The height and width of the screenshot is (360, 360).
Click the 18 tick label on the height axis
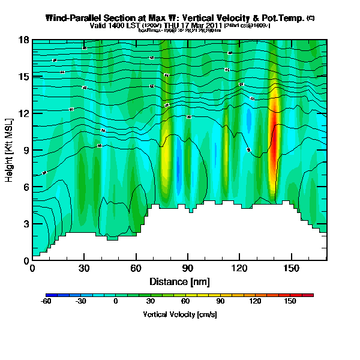tap(25, 40)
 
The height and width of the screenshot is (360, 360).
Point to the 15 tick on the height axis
tap(25, 77)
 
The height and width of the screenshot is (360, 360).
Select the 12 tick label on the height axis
tap(25, 113)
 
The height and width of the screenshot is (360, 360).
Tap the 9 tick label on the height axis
tap(27, 151)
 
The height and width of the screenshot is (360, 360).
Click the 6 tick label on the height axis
tap(27, 187)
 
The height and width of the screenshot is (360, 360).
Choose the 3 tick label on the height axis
tap(27, 224)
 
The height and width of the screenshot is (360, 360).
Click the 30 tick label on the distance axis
tap(84, 268)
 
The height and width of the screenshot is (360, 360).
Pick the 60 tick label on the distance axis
tap(136, 268)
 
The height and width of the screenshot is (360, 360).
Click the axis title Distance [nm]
tap(179, 281)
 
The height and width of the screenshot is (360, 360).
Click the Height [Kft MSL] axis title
tap(10, 150)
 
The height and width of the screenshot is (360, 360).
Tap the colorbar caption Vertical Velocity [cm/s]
tap(180, 314)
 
